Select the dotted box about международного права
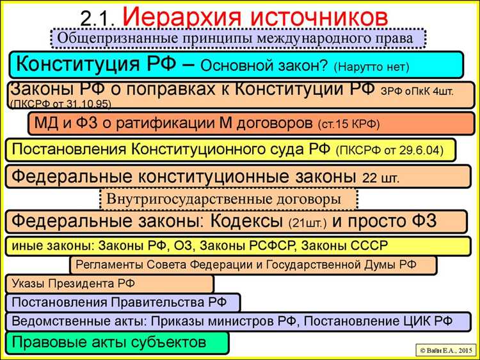tap(240, 38)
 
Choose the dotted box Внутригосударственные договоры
tap(228, 199)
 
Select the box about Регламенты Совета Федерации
tap(253, 264)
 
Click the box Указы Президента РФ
tap(109, 283)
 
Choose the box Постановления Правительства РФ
tap(122, 302)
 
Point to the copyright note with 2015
tap(446, 349)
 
